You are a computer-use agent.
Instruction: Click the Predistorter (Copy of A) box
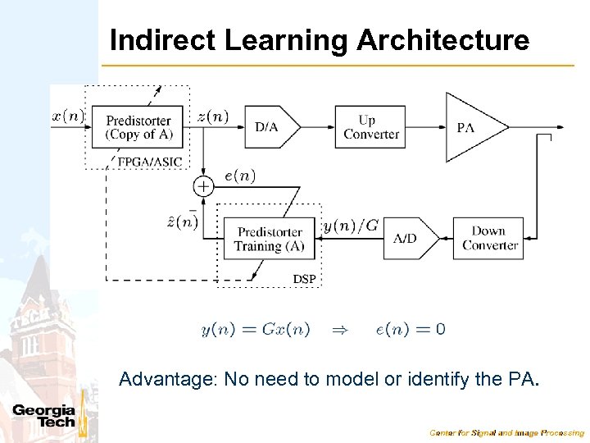(138, 127)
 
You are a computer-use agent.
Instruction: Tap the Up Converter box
(370, 127)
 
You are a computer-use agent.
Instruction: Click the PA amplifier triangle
(470, 127)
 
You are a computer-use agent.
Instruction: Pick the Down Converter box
(488, 238)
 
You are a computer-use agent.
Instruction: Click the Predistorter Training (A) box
(269, 239)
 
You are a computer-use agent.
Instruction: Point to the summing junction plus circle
(202, 186)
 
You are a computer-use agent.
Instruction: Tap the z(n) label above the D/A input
(214, 116)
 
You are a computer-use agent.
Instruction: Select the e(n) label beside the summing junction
(239, 176)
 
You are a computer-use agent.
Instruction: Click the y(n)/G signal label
(351, 225)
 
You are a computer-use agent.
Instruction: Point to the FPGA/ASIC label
(150, 162)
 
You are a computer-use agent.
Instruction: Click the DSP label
(304, 280)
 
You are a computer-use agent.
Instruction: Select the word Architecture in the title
(442, 40)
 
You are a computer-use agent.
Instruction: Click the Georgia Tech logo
(45, 417)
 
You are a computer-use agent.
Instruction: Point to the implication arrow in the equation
(339, 330)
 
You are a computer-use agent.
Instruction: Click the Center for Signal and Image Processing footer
(507, 432)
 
